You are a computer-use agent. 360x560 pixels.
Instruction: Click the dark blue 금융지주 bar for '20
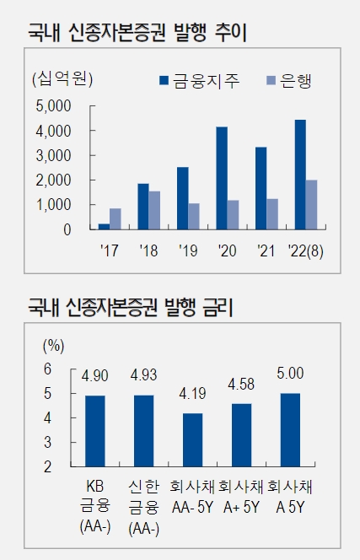[x=222, y=178]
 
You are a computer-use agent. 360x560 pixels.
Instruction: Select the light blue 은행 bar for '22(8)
[x=311, y=204]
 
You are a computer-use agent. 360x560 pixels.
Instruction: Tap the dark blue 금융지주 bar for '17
[x=104, y=226]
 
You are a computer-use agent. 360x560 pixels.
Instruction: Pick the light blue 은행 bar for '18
[x=154, y=210]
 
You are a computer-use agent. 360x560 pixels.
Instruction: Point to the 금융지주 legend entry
[x=200, y=81]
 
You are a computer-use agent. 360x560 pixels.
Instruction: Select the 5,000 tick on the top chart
[x=56, y=106]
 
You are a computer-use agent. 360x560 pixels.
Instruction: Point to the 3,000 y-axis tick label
[x=56, y=155]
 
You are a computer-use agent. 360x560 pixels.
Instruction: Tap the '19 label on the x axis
[x=188, y=250]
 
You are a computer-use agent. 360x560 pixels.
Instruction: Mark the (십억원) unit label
[x=62, y=80]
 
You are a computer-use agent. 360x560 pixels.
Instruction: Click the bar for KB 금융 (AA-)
[x=94, y=430]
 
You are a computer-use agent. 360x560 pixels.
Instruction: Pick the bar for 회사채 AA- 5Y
[x=193, y=439]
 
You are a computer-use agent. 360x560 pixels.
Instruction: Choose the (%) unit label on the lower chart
[x=53, y=345]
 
